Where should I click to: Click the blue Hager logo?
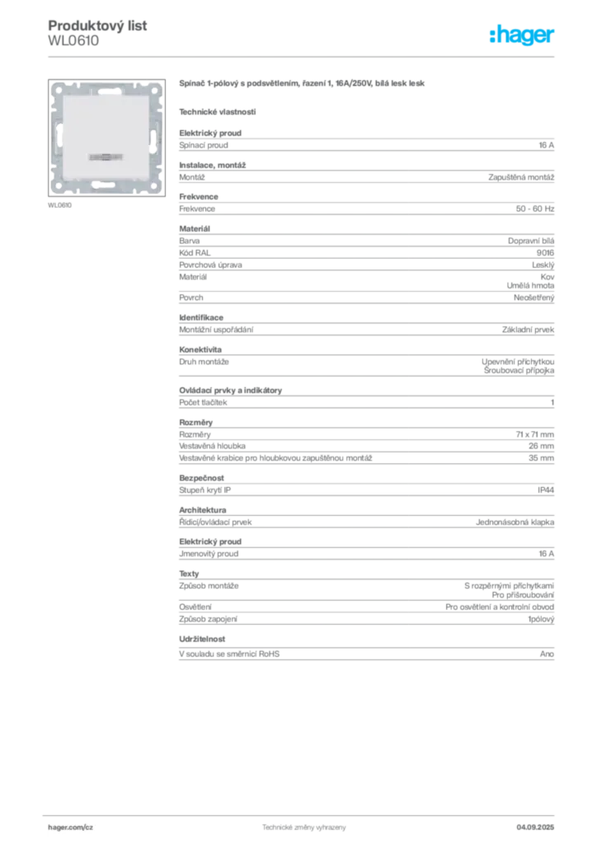pyautogui.click(x=523, y=35)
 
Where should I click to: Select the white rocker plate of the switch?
pyautogui.click(x=108, y=136)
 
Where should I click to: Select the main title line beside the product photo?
pyautogui.click(x=303, y=83)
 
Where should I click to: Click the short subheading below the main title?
pyautogui.click(x=218, y=110)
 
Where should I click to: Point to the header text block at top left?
pyautogui.click(x=98, y=33)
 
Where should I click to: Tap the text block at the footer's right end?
pyautogui.click(x=541, y=826)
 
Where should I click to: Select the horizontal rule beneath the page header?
pyautogui.click(x=303, y=56)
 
